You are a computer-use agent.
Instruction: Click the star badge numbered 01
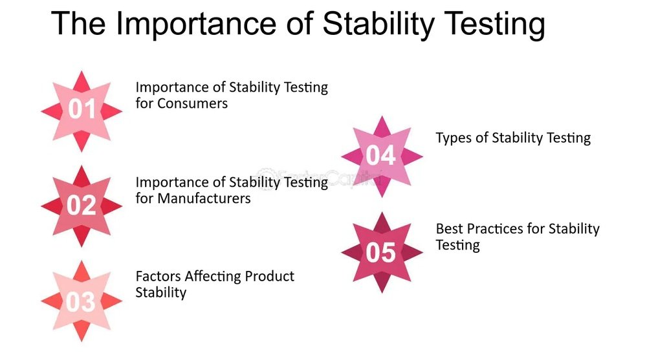pyautogui.click(x=82, y=111)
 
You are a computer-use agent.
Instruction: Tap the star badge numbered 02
pyautogui.click(x=82, y=206)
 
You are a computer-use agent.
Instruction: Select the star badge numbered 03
pyautogui.click(x=82, y=301)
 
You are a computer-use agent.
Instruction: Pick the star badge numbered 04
pyautogui.click(x=382, y=156)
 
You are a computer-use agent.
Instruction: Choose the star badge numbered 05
pyautogui.click(x=382, y=252)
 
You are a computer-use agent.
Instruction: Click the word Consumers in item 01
pyautogui.click(x=192, y=103)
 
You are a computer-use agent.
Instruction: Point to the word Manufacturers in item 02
pyautogui.click(x=204, y=198)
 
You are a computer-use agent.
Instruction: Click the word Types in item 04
pyautogui.click(x=454, y=138)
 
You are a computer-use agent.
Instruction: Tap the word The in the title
pyautogui.click(x=78, y=23)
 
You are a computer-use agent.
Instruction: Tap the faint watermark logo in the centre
pyautogui.click(x=318, y=177)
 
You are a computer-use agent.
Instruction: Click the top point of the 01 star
pyautogui.click(x=82, y=71)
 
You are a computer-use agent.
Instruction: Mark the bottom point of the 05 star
pyautogui.click(x=382, y=293)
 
